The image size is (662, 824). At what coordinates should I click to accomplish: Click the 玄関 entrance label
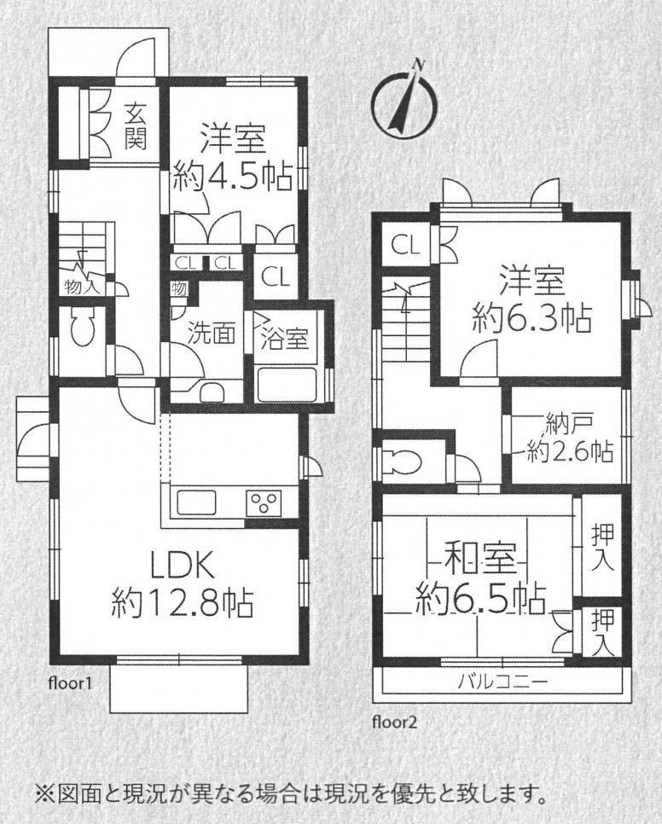coord(135,126)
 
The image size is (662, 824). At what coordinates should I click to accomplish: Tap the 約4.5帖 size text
coord(233,178)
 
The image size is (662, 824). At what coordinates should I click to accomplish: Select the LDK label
coord(183,567)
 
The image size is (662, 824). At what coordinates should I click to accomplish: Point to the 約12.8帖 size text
coord(183,604)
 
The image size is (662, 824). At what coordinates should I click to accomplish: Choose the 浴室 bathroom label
coord(284,339)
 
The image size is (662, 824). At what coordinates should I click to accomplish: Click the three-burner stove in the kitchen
coord(264,502)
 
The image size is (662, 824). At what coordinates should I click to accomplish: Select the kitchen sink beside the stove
coord(198,502)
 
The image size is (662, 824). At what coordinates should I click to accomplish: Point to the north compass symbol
coord(404,100)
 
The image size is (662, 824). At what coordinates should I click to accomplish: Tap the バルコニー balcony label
coord(502,682)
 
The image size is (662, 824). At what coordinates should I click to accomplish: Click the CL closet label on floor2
coord(406,244)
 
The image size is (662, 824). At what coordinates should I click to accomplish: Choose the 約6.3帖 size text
coord(532,316)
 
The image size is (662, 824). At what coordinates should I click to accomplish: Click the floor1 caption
coord(70,684)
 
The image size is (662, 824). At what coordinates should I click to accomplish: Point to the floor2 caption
coord(395,722)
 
